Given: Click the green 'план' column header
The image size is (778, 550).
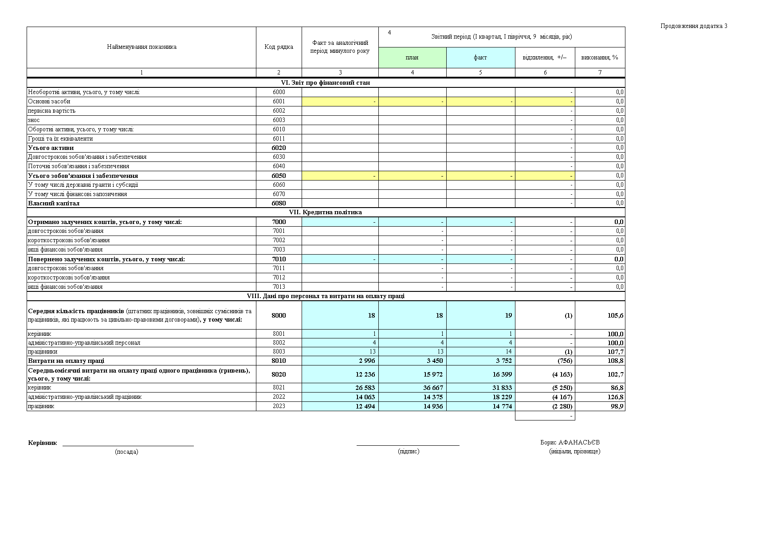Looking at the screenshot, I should tap(412, 58).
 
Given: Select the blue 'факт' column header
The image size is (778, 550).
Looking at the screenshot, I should tap(480, 58).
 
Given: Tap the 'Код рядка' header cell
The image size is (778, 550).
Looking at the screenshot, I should tap(279, 47).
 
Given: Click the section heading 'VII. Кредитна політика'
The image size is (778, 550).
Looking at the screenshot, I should tap(325, 212).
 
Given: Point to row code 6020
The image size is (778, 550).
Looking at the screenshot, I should tap(279, 148).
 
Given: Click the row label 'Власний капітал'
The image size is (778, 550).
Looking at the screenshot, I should tap(54, 204).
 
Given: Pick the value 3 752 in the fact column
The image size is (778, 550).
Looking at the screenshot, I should tap(503, 361).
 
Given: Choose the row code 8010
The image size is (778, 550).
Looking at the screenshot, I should tap(279, 361).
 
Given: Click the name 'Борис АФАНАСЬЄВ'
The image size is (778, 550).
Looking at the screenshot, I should tap(570, 443).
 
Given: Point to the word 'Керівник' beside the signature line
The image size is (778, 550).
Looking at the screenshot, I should tap(43, 443).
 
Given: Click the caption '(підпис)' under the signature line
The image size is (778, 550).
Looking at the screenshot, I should tap(409, 452).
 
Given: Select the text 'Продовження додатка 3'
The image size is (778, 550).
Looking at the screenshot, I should tap(694, 26).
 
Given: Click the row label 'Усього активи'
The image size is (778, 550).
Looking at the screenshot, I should tap(51, 148).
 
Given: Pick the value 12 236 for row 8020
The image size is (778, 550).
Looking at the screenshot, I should tap(365, 374).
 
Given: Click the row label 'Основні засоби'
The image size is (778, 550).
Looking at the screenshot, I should tap(49, 102).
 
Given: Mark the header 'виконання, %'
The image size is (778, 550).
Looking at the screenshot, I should tap(600, 58).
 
